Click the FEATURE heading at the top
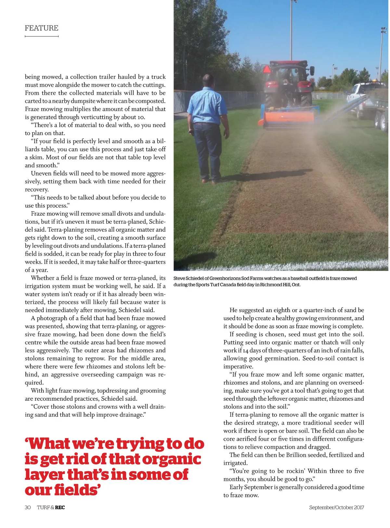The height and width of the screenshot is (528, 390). [42, 28]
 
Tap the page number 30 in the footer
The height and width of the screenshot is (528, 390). [28, 507]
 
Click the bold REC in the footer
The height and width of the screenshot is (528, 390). [60, 507]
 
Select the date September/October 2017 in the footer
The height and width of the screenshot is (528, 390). [336, 507]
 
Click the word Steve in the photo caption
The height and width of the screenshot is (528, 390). [179, 278]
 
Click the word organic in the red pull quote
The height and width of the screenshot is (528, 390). [172, 459]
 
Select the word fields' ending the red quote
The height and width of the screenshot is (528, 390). [77, 490]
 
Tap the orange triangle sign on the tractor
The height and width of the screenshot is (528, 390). [267, 69]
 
